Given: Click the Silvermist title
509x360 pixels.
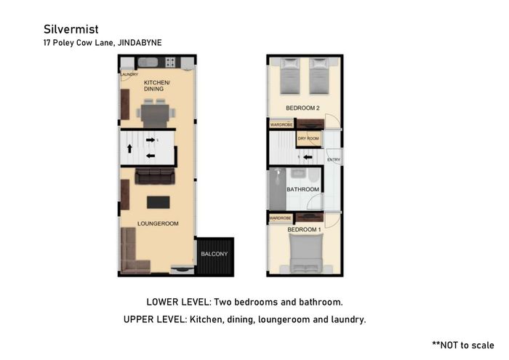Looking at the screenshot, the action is tap(71, 29).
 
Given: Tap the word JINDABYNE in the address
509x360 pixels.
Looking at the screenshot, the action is tap(140, 42).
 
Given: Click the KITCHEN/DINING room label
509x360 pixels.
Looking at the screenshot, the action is tap(157, 86).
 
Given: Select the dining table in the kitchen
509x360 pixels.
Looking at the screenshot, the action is tap(155, 114).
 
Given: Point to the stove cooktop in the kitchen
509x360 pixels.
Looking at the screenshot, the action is tap(170, 62).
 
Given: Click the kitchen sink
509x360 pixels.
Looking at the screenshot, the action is tap(148, 62).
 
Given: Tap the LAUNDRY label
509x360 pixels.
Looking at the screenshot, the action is tap(129, 74).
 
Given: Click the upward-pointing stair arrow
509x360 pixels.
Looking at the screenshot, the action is tap(129, 148).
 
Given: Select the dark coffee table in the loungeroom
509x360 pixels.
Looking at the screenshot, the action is tap(158, 202).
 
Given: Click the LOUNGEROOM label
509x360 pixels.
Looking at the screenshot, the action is tap(158, 224).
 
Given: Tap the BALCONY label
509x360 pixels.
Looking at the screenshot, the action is tap(215, 254).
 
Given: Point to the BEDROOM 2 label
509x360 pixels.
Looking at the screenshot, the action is tap(302, 108).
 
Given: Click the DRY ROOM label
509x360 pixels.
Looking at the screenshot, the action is tap(308, 138).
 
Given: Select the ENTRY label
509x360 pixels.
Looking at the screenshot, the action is tap(334, 160).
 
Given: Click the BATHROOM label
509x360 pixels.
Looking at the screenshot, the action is tap(303, 189).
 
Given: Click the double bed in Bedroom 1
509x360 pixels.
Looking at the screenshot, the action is tap(306, 254).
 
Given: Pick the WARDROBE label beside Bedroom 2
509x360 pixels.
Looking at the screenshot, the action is tap(281, 124).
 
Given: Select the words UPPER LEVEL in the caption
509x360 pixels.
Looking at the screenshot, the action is tap(153, 319).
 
